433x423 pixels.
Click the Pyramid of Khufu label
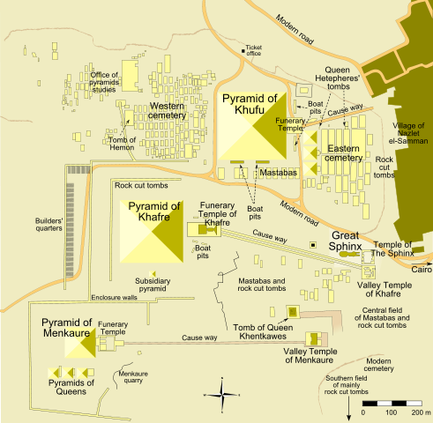click(249, 105)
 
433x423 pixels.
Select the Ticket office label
click(256, 49)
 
